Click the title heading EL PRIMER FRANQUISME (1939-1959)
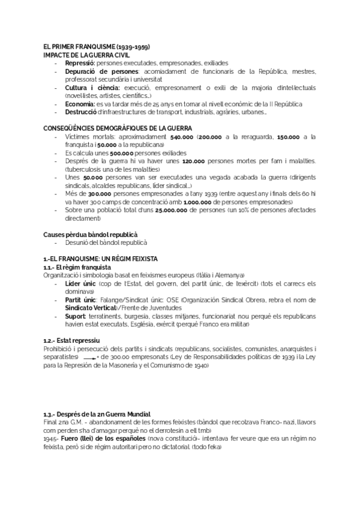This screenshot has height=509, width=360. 97,47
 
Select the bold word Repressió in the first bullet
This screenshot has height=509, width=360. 80,62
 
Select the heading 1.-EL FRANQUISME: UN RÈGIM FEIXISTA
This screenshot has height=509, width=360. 100,259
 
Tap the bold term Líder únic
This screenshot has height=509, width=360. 80,283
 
